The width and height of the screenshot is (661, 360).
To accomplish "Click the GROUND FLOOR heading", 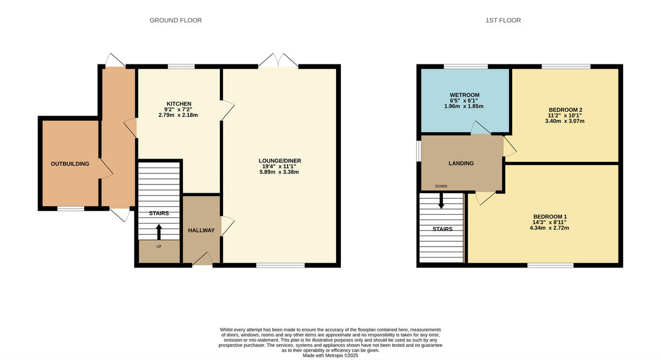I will pos(176,20).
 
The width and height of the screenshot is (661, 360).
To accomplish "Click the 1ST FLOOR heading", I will pos(503,20).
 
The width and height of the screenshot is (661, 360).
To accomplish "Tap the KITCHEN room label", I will pos(179,103).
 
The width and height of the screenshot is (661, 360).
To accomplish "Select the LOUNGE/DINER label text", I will pos(280,161).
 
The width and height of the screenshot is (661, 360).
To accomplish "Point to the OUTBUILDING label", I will pos(70,163).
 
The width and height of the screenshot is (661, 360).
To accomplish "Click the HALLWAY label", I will pos(201,230).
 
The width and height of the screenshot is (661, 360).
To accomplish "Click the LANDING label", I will pos(461,163).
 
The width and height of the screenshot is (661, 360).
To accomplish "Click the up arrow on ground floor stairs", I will pos(159,231).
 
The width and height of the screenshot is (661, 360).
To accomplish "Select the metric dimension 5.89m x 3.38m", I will pos(280,172).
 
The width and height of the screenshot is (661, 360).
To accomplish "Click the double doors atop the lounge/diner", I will pos(278,60).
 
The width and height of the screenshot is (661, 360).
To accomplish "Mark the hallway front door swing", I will pos(202,259).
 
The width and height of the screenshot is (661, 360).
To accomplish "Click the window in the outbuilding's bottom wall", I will pos(71,209).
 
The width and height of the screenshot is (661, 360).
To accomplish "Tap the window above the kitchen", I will pos(181,67).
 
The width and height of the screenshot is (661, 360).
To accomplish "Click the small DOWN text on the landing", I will pos(441,186).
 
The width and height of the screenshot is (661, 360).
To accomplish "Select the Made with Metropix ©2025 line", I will pos(330,356).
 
